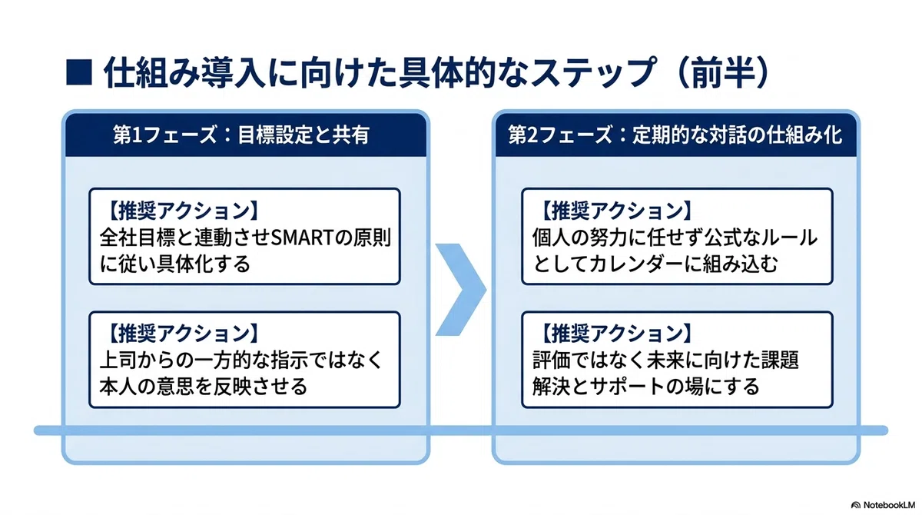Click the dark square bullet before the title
[79, 72]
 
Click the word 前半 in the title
[722, 73]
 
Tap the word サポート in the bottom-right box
[627, 386]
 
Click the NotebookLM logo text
[889, 505]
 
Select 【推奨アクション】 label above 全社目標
[181, 211]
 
